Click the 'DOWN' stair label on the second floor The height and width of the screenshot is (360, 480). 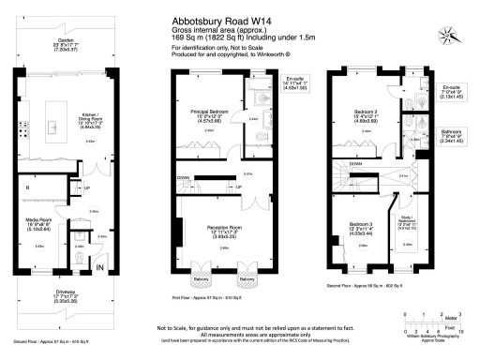point(357,162)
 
